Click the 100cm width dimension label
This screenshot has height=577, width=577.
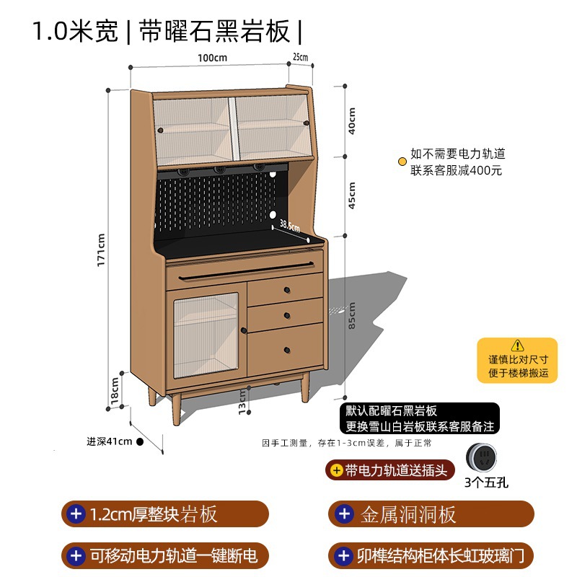coord(214,57)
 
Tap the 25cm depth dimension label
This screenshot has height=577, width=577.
coord(300,57)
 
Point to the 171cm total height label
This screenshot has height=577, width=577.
coord(102,249)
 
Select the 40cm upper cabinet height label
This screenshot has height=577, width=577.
coord(352,121)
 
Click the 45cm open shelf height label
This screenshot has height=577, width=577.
coord(352,193)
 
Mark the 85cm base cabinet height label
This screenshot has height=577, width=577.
coord(352,315)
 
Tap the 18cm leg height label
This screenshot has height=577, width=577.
coord(114,389)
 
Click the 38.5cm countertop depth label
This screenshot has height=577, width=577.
coord(289,225)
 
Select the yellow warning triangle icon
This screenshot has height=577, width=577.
coord(517,345)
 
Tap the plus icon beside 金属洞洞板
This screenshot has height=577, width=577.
coord(345,514)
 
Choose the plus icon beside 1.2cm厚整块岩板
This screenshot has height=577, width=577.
coord(75,514)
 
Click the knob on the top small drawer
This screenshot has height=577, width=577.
coord(286,291)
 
